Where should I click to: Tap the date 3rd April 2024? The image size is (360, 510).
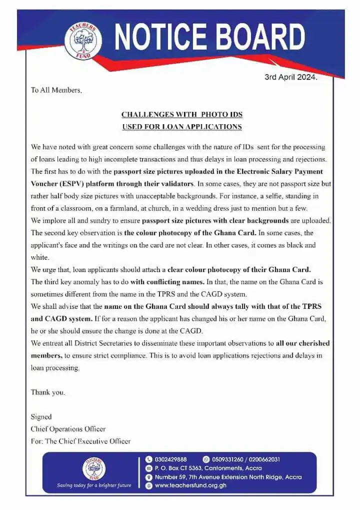click(x=290, y=78)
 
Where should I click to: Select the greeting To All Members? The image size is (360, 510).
click(x=55, y=91)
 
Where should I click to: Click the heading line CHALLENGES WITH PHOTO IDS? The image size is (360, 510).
click(x=182, y=115)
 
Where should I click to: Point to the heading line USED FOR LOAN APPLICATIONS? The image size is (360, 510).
click(x=182, y=127)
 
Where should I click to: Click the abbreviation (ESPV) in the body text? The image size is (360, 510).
click(x=69, y=184)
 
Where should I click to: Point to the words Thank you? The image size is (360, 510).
click(x=47, y=392)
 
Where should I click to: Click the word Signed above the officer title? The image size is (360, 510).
click(x=41, y=416)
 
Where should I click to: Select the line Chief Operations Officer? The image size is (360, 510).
click(x=68, y=429)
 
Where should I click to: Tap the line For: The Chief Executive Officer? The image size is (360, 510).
click(x=80, y=441)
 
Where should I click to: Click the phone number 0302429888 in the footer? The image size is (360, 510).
click(x=171, y=459)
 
